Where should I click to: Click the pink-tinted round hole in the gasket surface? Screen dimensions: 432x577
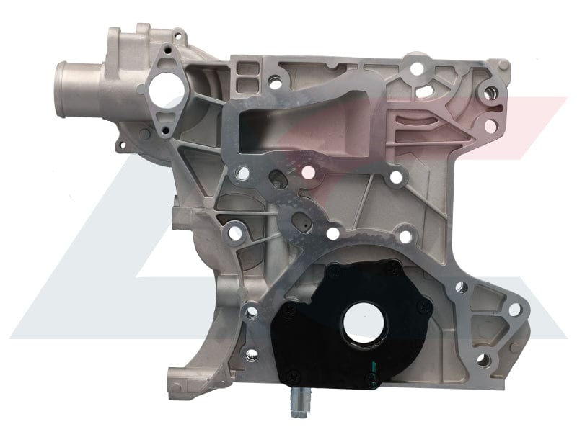tap(309, 172)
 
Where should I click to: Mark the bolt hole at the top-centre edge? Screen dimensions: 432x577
tap(416, 68)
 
